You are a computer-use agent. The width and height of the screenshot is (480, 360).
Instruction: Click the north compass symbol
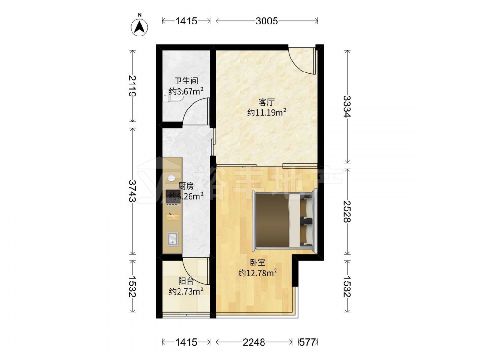pyautogui.click(x=140, y=26)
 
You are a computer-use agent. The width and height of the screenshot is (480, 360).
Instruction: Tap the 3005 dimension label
pyautogui.click(x=266, y=21)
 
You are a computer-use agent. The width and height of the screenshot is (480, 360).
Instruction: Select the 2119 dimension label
pyautogui.click(x=132, y=86)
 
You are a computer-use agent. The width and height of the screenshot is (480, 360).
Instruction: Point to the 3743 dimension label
pyautogui.click(x=132, y=191)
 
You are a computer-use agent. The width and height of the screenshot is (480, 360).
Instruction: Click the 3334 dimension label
pyautogui.click(x=348, y=107)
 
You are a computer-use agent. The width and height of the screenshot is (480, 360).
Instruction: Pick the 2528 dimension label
pyautogui.click(x=348, y=212)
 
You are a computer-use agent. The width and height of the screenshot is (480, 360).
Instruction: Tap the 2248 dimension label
pyautogui.click(x=254, y=342)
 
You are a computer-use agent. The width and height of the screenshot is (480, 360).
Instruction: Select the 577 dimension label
pyautogui.click(x=308, y=342)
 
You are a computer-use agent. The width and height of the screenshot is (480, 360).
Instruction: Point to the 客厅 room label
pyautogui.click(x=266, y=102)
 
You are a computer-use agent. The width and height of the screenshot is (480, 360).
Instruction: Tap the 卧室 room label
pyautogui.click(x=257, y=263)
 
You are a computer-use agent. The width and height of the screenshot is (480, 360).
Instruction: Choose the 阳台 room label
pyautogui.click(x=186, y=281)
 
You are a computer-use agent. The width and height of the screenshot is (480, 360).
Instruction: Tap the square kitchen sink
pyautogui.click(x=172, y=239)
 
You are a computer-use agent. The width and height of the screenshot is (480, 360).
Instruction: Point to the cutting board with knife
pyautogui.click(x=173, y=216)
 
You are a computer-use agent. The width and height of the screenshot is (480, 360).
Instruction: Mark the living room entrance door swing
pyautogui.click(x=301, y=60)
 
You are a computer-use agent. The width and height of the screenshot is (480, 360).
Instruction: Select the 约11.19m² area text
pyautogui.click(x=266, y=112)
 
